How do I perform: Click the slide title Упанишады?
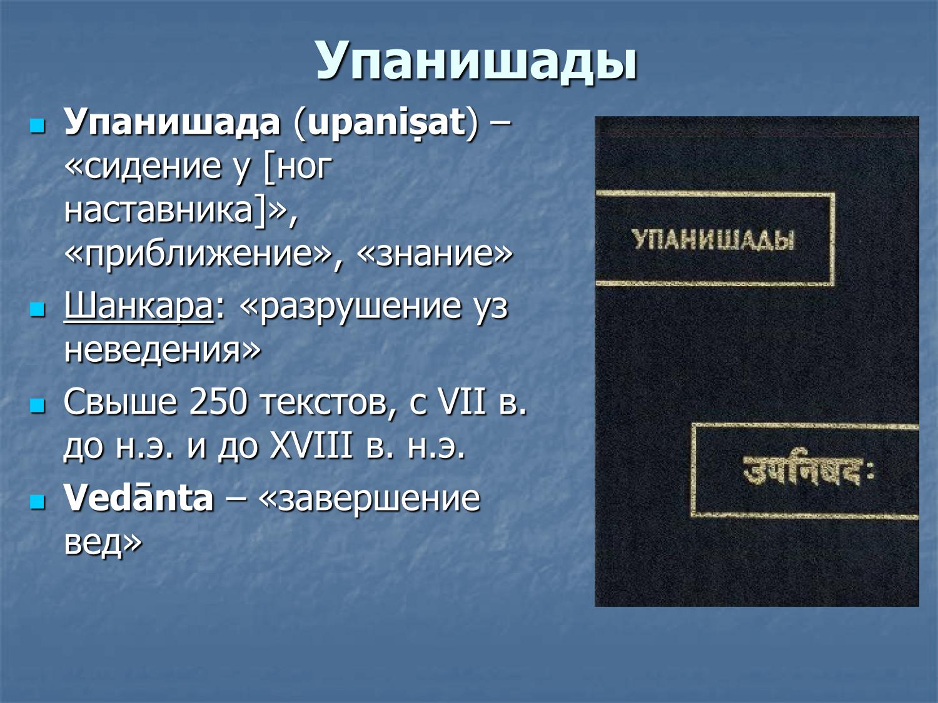477,61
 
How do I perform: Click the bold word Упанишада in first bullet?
172,122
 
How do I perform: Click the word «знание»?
435,253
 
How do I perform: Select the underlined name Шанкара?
139,307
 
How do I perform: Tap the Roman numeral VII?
461,402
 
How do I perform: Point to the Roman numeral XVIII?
311,446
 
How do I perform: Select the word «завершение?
369,498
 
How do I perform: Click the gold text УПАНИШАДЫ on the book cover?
713,240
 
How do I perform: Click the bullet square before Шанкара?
38,309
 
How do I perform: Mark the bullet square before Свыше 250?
38,405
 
